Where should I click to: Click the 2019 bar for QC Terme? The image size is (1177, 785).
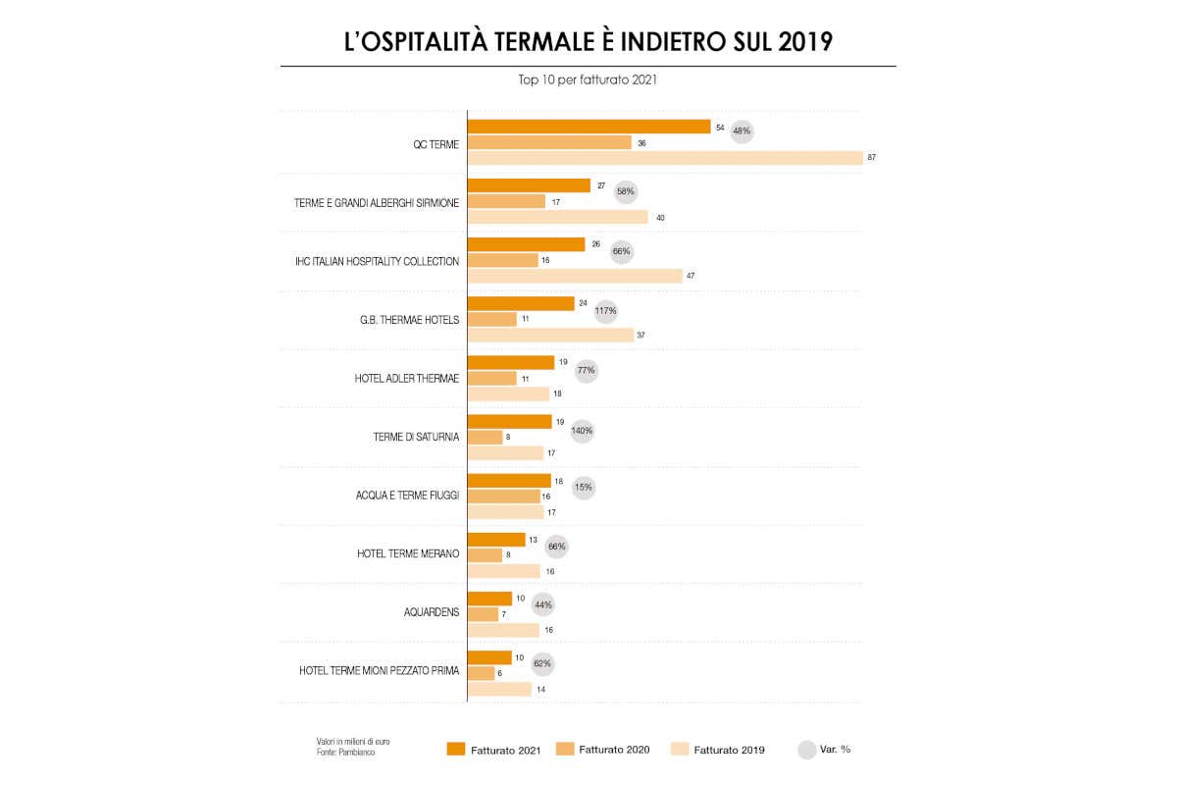(x=664, y=158)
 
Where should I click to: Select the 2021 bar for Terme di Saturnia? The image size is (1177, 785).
(x=509, y=421)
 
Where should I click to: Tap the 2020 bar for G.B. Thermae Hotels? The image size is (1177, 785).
(x=491, y=319)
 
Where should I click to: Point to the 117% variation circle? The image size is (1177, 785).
(x=606, y=311)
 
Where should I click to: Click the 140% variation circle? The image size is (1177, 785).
(x=582, y=430)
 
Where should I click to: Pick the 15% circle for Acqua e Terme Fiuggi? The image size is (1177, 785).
(x=584, y=488)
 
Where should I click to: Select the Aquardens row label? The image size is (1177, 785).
(x=431, y=612)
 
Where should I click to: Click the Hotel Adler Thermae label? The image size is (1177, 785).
(x=406, y=378)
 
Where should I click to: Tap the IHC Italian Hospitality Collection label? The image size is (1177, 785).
(x=377, y=261)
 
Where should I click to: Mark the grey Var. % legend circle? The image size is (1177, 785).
(x=806, y=750)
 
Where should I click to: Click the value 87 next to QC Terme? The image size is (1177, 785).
(x=871, y=158)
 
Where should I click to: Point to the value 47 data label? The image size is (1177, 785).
(x=691, y=276)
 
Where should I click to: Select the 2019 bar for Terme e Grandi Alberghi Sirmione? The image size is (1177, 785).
(x=557, y=217)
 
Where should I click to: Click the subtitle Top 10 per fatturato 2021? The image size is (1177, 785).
(x=588, y=80)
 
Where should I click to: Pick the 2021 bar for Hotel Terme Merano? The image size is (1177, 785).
(x=495, y=539)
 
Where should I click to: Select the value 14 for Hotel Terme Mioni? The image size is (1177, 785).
(x=539, y=690)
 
